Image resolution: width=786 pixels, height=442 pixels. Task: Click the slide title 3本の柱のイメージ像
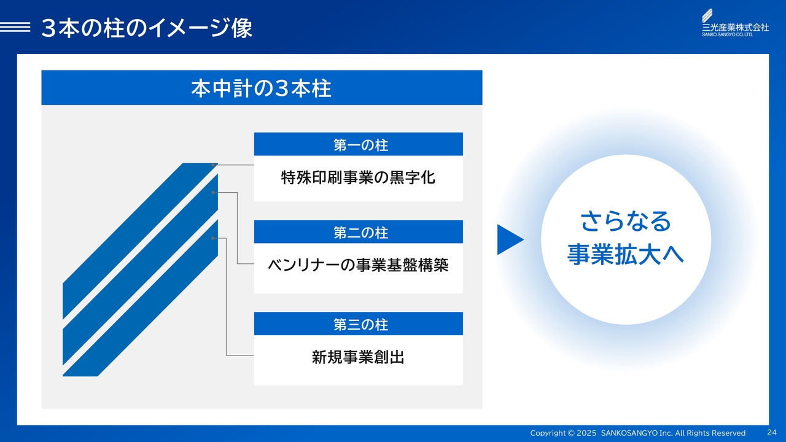(x=147, y=28)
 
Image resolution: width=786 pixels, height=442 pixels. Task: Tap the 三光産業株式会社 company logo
(x=735, y=23)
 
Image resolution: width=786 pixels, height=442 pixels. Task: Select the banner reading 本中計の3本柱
(x=262, y=88)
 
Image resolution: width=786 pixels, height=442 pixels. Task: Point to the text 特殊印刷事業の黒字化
(x=358, y=177)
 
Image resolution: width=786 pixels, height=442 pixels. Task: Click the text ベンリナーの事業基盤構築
(x=358, y=265)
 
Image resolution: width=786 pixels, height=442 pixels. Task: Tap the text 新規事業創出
(x=358, y=357)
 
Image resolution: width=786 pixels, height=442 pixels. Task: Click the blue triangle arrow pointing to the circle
(x=509, y=239)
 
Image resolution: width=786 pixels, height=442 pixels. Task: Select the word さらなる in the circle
(x=626, y=222)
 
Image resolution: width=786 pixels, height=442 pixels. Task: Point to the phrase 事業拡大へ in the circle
(x=626, y=254)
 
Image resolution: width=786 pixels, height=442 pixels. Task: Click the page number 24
(x=772, y=432)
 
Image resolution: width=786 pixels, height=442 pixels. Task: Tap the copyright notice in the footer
(x=637, y=433)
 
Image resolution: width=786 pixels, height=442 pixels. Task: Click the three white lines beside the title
(x=15, y=27)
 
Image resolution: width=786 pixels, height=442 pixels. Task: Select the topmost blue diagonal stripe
(x=141, y=241)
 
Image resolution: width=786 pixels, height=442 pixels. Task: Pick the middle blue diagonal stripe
(x=141, y=269)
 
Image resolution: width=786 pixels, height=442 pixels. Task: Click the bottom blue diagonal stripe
(x=141, y=298)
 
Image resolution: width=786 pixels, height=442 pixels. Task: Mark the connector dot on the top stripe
(x=213, y=165)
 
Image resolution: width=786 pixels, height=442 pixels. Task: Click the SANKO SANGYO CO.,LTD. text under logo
(x=727, y=35)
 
